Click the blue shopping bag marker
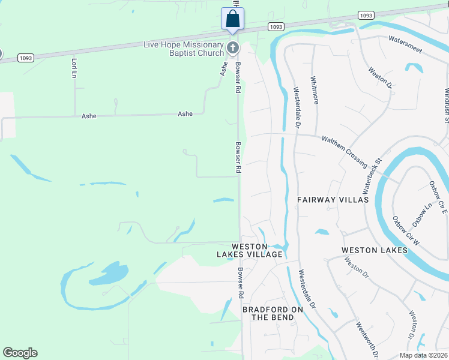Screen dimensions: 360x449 point(232,19)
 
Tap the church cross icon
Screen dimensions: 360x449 point(233,47)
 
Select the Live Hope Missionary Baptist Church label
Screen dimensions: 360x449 point(183,49)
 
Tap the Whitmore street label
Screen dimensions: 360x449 point(314,89)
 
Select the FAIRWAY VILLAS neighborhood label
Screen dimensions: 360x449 point(332,199)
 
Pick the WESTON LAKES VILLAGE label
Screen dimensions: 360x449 point(249,250)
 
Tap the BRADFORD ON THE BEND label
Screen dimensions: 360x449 point(273,313)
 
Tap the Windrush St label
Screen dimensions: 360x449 point(446,106)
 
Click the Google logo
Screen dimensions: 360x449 point(20,353)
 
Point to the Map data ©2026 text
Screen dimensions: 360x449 point(424,355)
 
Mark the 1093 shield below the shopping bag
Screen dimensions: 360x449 point(276,27)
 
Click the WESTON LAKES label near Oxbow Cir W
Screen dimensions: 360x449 point(374,250)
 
